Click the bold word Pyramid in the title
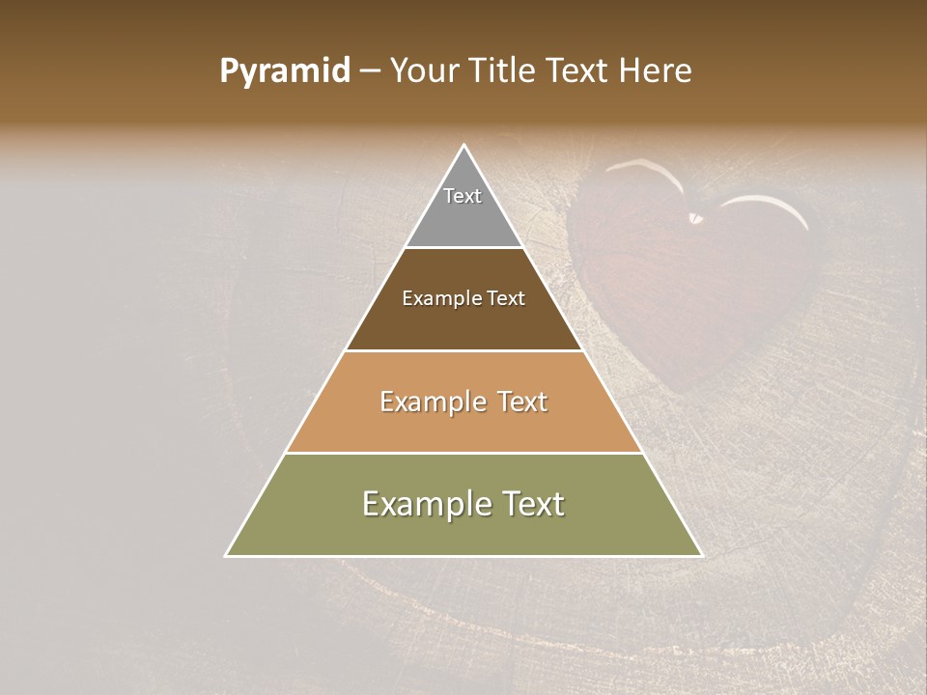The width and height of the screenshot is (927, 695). click(x=285, y=71)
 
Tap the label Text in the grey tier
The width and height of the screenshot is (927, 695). click(x=463, y=196)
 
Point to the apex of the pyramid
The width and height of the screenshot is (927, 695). click(x=464, y=146)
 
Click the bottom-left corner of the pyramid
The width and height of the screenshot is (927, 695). click(x=227, y=555)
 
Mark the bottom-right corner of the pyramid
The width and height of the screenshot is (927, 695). click(x=701, y=555)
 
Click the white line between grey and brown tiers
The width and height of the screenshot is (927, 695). click(x=463, y=248)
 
